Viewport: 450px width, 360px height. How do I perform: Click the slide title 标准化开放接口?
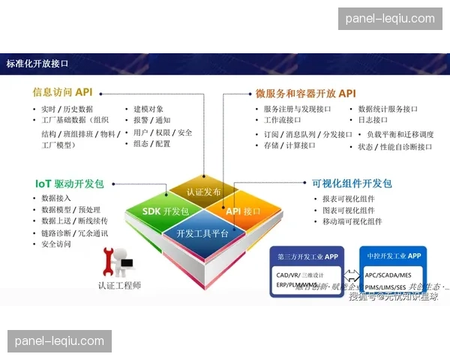pos(37,64)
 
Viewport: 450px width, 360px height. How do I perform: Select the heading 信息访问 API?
pos(62,92)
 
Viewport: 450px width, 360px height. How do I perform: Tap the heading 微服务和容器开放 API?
pos(305,94)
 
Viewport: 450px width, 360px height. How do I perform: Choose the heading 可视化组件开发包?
pos(352,183)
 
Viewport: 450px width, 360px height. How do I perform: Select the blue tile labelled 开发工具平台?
pos(202,233)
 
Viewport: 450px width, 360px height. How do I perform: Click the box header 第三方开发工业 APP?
pos(307,256)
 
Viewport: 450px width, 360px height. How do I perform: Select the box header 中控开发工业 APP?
pos(394,256)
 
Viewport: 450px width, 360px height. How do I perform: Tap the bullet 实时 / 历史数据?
pos(67,109)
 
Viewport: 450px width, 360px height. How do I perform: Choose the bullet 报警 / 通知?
pos(151,120)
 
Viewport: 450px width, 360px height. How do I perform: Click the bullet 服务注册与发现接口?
pos(297,109)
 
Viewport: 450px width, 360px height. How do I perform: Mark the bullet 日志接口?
pos(373,120)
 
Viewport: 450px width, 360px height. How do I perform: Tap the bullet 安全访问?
pos(56,244)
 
